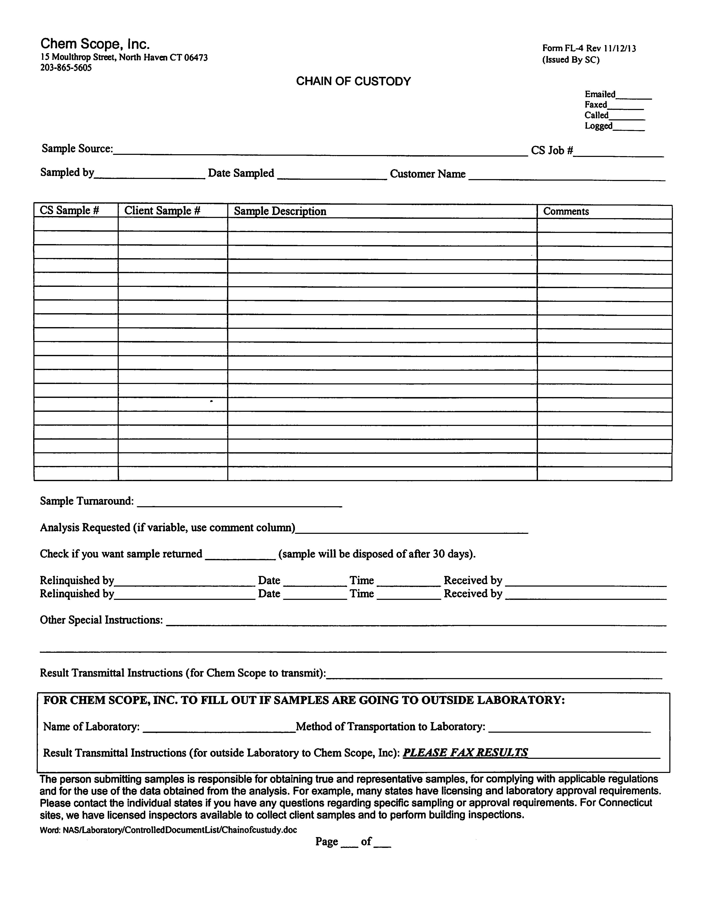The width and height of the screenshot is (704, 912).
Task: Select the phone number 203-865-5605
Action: [66, 68]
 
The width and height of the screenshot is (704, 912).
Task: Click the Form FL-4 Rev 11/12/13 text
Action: [589, 48]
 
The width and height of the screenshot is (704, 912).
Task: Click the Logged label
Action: [598, 126]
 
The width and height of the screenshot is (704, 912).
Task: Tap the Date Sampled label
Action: [241, 173]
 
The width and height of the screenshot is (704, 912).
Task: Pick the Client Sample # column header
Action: [163, 210]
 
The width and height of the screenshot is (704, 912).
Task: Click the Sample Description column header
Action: [280, 211]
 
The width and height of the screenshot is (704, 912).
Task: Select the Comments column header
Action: [566, 211]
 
